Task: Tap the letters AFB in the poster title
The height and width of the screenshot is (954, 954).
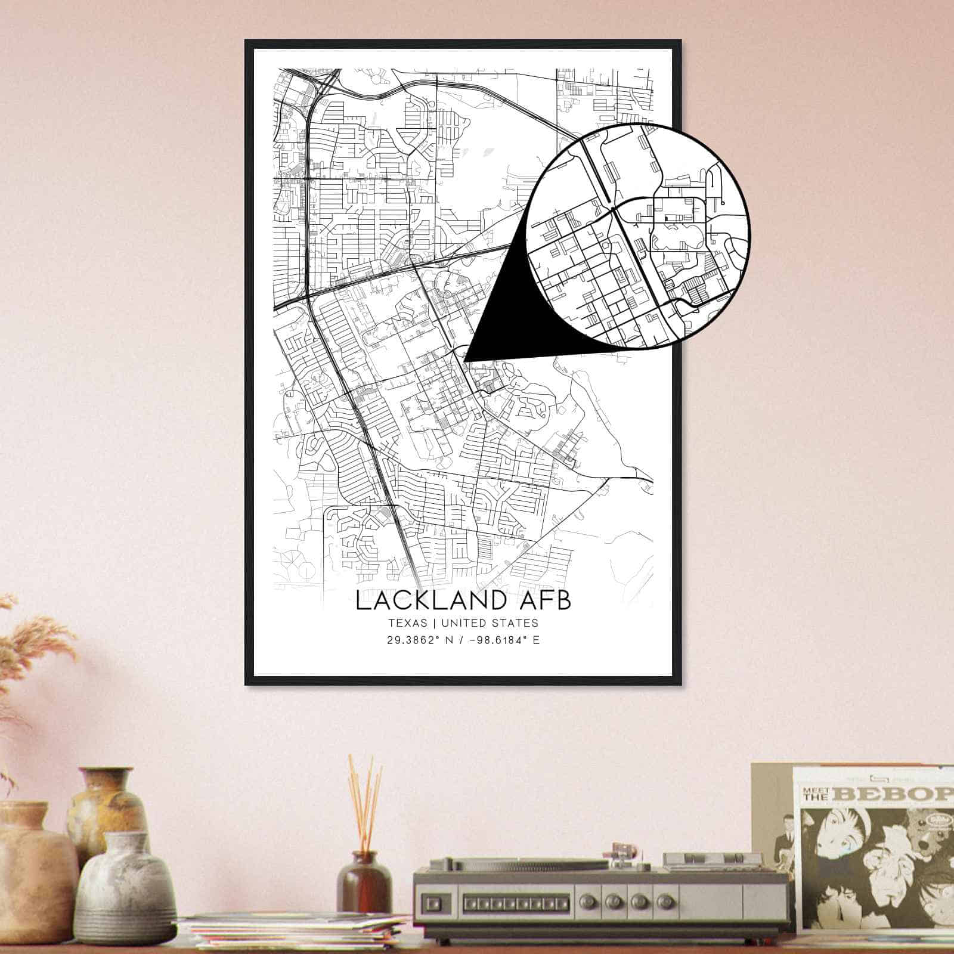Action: tap(546, 600)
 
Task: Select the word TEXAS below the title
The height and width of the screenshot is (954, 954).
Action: tap(407, 623)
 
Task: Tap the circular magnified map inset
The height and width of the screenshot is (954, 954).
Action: tap(638, 236)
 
